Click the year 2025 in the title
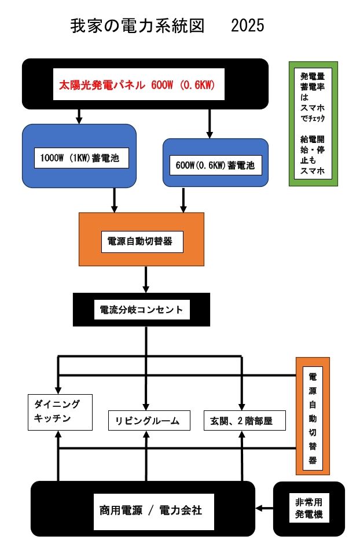247,26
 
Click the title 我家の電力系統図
137,26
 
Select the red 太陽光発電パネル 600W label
137,85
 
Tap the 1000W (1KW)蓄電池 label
79,157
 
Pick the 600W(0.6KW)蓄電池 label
215,165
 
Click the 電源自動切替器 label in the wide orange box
141,241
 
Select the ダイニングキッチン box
61,412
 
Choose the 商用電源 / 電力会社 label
150,510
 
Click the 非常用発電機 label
308,508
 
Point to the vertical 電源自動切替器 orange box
313,414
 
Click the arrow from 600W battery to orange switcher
183,200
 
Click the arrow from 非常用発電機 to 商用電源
264,508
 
